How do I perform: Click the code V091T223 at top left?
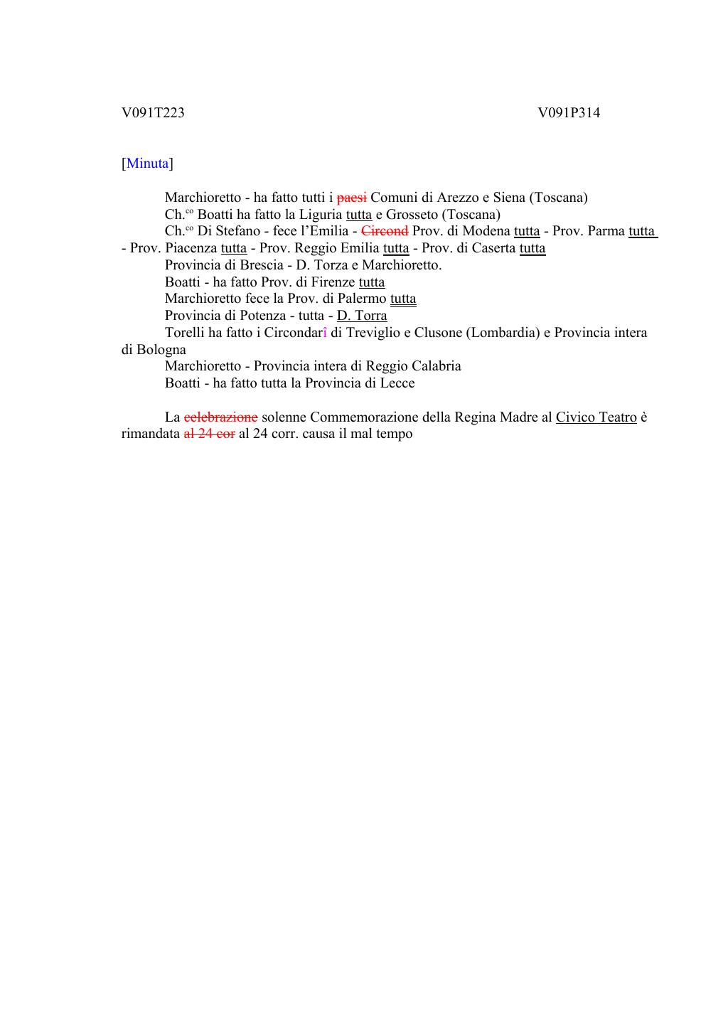tap(153, 112)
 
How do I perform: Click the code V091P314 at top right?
tap(569, 112)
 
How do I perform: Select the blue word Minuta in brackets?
tap(148, 164)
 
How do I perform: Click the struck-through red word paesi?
tap(351, 198)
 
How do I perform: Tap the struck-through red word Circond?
tap(385, 231)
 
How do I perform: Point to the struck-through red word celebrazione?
tap(220, 417)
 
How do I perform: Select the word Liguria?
tap(320, 215)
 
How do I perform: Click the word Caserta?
tap(492, 248)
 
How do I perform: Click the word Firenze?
tap(333, 282)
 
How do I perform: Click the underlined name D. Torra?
tap(362, 316)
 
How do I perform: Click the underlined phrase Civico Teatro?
tap(596, 417)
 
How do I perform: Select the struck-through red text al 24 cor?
tap(209, 434)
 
